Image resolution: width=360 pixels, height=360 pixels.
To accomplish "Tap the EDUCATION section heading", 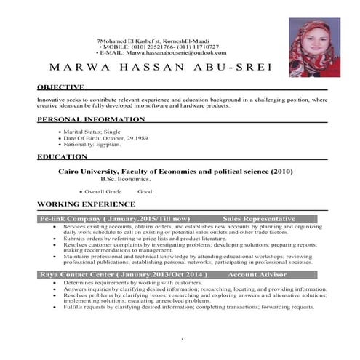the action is pos(63,156).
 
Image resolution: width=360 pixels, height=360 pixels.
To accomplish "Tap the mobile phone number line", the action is pos(161,46).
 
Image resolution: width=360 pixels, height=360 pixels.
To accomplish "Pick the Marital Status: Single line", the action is pos(95,132).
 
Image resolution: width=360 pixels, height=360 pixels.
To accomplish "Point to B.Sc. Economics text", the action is pos(126,178).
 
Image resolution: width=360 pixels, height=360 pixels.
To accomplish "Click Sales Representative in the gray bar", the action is pos(258,219).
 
